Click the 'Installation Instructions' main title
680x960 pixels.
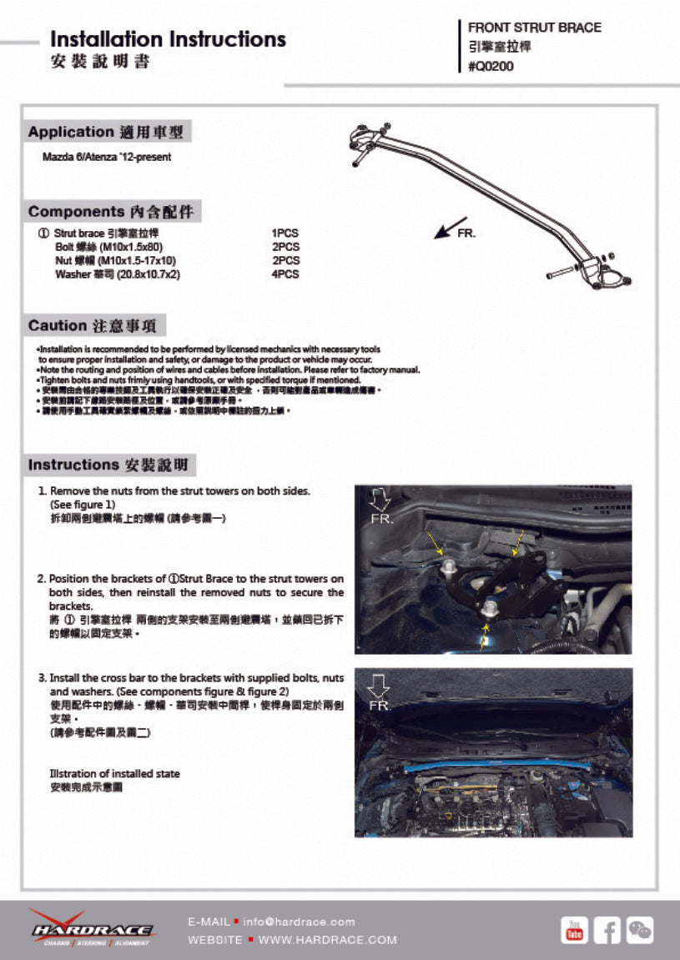(168, 39)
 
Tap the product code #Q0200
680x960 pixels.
(491, 67)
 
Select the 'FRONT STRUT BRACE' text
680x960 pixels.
(534, 28)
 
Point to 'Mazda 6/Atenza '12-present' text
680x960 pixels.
(107, 157)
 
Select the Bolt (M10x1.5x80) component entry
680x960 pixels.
(108, 248)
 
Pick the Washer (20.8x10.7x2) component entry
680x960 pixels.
(117, 274)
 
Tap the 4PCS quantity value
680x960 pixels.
(285, 274)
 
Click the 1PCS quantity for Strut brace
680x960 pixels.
(285, 234)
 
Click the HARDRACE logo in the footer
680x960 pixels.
(91, 928)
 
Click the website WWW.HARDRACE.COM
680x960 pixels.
(327, 940)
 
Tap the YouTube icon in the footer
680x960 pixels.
(574, 929)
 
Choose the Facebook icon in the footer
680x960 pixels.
(607, 929)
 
